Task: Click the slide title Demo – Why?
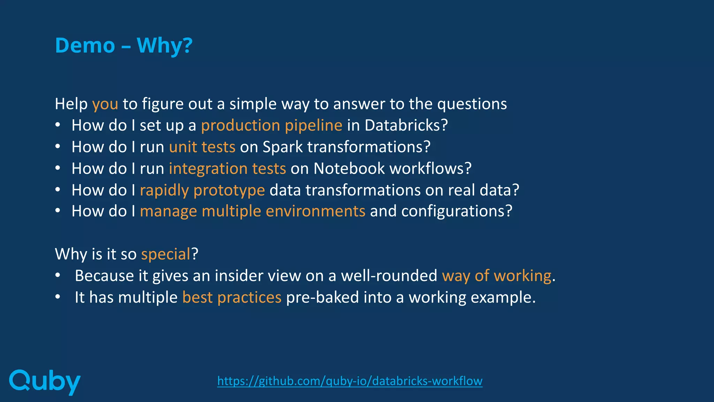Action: pos(124,45)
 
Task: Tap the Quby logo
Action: pos(45,382)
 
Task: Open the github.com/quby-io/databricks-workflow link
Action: pos(350,381)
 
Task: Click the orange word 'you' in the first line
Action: pos(105,104)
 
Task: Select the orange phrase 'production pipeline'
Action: pos(272,125)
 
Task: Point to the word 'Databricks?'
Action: pos(406,125)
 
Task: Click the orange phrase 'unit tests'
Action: pos(202,147)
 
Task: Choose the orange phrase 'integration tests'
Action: pos(227,169)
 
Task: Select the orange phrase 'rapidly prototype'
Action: pos(202,190)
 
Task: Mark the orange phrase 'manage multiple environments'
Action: pos(252,211)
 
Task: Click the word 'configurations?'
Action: pos(457,211)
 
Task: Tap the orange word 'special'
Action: pos(166,254)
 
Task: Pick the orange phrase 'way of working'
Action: pos(496,276)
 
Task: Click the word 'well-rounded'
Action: pos(389,276)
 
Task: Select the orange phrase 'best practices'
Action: pos(231,297)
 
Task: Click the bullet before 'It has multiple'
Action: pos(58,297)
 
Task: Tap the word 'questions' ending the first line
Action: pos(472,104)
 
